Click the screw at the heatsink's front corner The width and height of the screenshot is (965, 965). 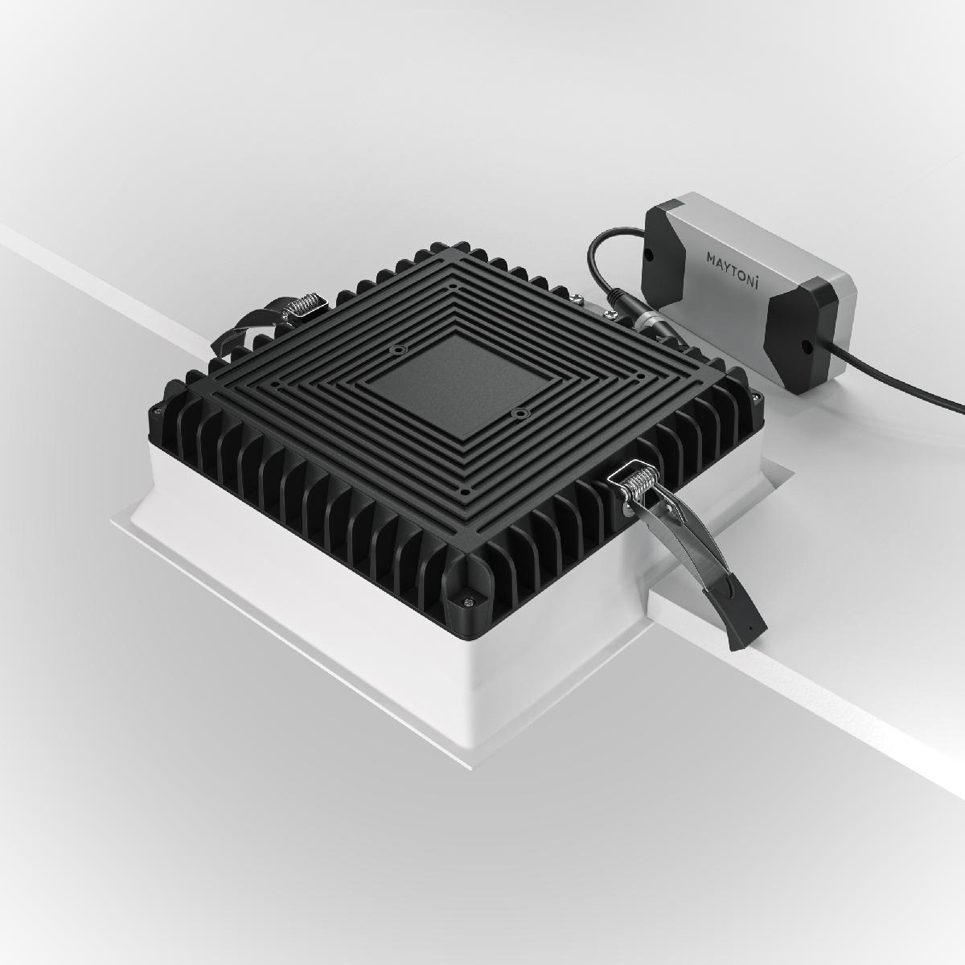point(464,598)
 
